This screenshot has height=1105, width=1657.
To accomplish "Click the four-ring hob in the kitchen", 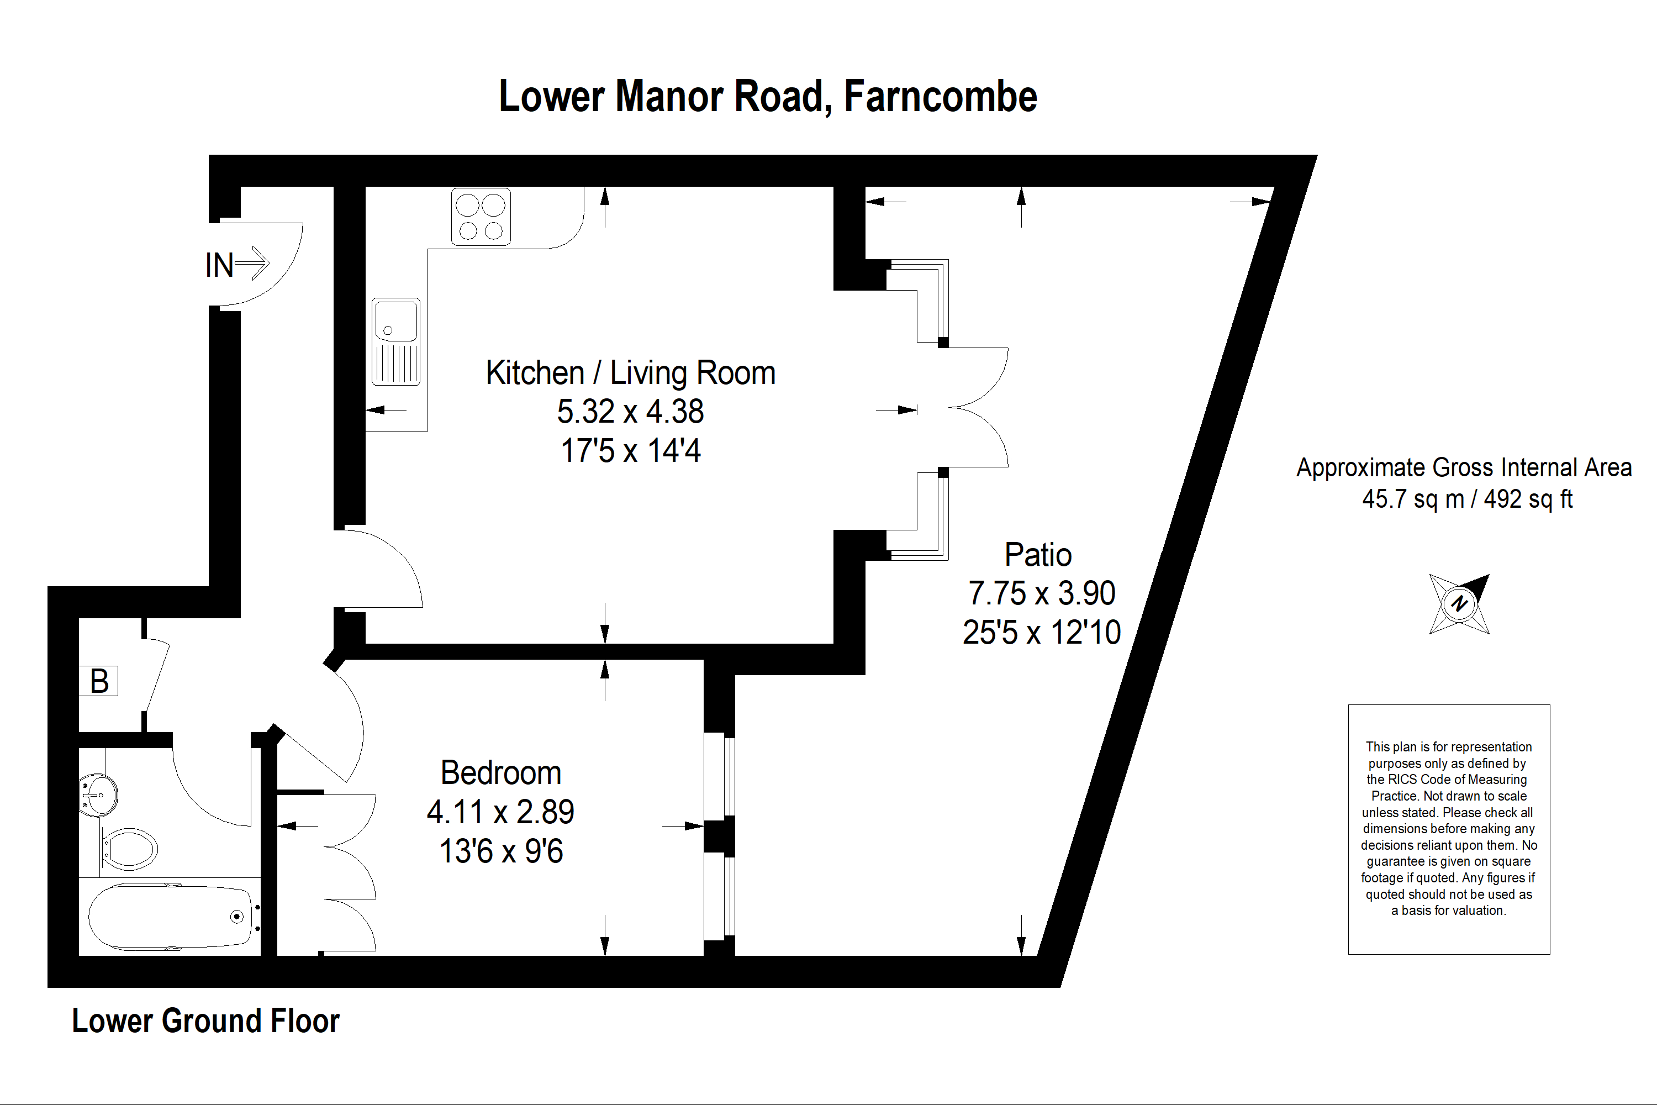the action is pyautogui.click(x=481, y=217).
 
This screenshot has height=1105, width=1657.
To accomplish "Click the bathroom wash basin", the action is pyautogui.click(x=98, y=795).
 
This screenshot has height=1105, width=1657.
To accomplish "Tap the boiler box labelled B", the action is pyautogui.click(x=99, y=681).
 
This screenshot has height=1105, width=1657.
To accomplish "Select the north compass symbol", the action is pyautogui.click(x=1459, y=604).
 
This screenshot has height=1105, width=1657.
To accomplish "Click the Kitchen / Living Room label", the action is pyautogui.click(x=631, y=373).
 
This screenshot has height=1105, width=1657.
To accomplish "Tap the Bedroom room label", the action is pyautogui.click(x=501, y=772).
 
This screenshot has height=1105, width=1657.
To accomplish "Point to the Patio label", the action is pyautogui.click(x=1038, y=555).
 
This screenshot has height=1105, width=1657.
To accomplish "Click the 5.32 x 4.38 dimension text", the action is pyautogui.click(x=631, y=412).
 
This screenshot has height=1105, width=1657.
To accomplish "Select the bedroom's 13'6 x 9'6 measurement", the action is pyautogui.click(x=501, y=851).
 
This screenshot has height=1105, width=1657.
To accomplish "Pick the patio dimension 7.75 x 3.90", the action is pyautogui.click(x=1042, y=593).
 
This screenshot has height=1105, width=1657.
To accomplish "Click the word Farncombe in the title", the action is pyautogui.click(x=941, y=97).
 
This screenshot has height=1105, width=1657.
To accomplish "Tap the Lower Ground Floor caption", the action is pyautogui.click(x=205, y=1020).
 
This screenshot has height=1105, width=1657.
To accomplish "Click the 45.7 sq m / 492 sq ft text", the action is pyautogui.click(x=1468, y=499).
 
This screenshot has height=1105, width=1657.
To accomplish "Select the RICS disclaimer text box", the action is pyautogui.click(x=1449, y=829).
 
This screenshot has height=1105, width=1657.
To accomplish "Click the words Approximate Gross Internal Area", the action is pyautogui.click(x=1464, y=467).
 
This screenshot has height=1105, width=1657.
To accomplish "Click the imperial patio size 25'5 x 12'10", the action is pyautogui.click(x=1042, y=633).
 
